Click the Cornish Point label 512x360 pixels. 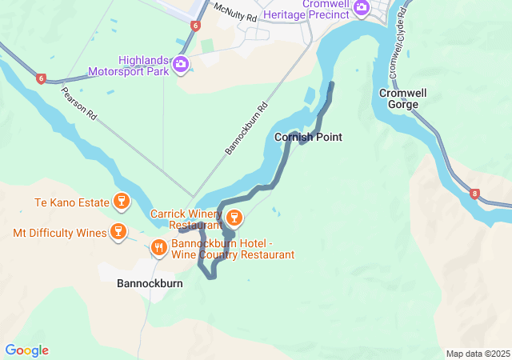308,137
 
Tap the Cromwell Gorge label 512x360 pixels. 403,99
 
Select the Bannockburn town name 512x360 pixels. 150,283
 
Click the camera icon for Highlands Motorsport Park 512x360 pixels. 182,65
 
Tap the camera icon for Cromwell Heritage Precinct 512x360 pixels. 361,7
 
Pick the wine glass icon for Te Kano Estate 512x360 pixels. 122,202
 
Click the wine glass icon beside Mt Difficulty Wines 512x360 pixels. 118,233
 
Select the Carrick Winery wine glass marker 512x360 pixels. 235,217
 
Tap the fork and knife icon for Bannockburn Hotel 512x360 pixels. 159,248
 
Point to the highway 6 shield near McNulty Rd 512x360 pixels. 195,26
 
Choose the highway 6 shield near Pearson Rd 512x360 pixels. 41,78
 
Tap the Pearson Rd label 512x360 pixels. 78,102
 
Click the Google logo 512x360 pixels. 26,350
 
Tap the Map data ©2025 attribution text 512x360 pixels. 477,354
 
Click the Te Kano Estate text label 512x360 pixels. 70,203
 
